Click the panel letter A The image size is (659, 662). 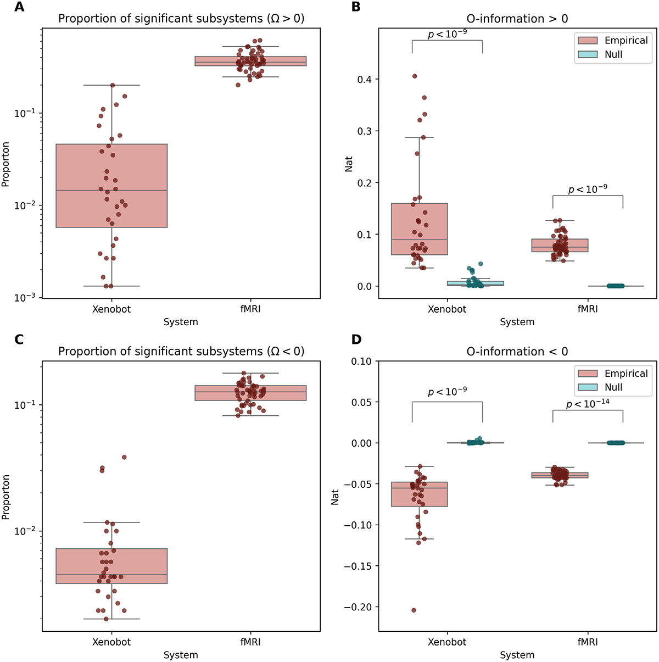(19, 7)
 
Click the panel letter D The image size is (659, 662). (356, 340)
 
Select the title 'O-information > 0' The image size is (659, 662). (517, 19)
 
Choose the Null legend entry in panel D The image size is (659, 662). (613, 387)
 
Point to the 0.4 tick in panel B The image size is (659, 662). (365, 80)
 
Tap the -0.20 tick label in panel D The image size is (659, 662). (358, 607)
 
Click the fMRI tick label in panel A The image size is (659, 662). (250, 309)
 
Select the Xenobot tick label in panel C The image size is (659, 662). (111, 642)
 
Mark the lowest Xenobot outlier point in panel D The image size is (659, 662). (414, 610)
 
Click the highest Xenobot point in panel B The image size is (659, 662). (415, 76)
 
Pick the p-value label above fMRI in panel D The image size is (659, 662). (588, 404)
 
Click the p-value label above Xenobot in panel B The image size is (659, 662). (447, 34)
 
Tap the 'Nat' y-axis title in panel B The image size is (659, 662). (349, 164)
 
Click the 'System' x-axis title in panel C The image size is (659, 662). (181, 655)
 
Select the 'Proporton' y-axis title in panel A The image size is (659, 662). (6, 164)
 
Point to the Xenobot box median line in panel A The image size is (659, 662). (111, 190)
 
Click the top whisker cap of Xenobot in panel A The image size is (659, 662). (111, 85)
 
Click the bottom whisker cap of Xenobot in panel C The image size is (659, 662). (111, 619)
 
